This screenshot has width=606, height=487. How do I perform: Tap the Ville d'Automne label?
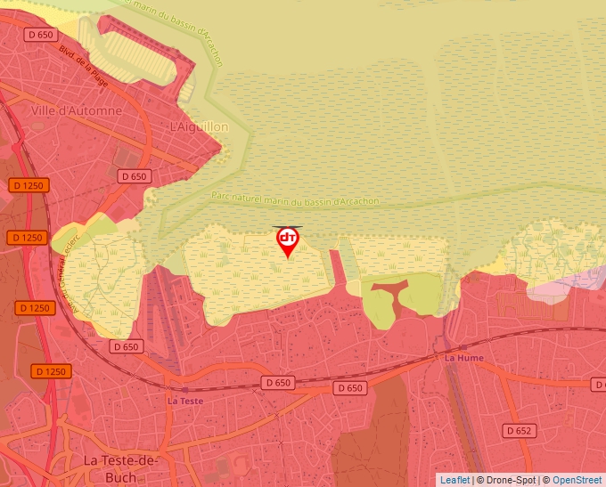coord(76,110)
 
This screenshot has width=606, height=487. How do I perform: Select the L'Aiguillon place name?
coord(199,127)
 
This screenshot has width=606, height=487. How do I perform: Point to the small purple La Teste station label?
coord(185,401)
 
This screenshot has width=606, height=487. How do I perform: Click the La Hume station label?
coord(463,357)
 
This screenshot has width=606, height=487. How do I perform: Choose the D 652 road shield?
coord(519,431)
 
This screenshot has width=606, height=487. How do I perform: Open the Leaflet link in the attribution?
coord(454,480)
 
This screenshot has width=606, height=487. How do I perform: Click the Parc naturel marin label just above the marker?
coord(295,200)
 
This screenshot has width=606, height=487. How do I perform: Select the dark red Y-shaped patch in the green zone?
coord(389,290)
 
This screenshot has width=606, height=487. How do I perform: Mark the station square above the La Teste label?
coord(168,387)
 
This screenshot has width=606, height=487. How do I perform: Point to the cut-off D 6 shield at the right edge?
coord(599,384)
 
